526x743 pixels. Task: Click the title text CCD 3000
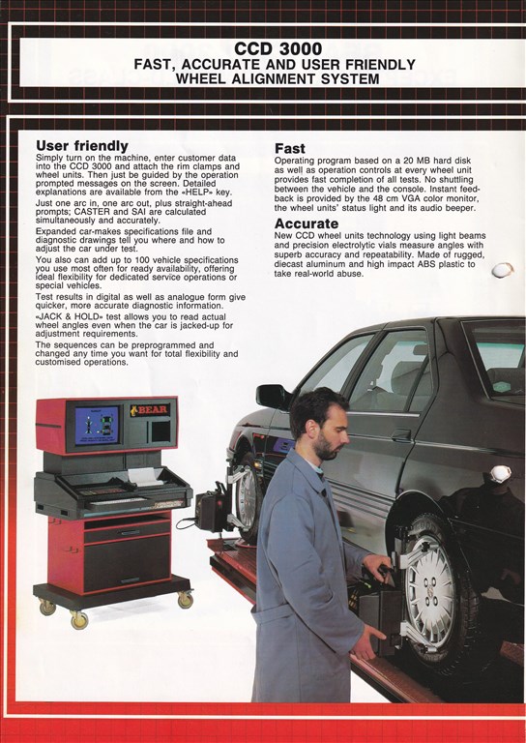pyautogui.click(x=278, y=48)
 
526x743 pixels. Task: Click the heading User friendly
pyautogui.click(x=82, y=145)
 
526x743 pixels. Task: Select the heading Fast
pyautogui.click(x=290, y=148)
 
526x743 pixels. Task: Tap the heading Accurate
pyautogui.click(x=307, y=223)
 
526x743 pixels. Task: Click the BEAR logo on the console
pyautogui.click(x=150, y=410)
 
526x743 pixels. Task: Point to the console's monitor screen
pyautogui.click(x=97, y=425)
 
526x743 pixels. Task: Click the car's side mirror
pyautogui.click(x=274, y=396)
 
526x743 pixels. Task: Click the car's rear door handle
pyautogui.click(x=401, y=434)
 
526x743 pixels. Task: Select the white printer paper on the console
pyautogui.click(x=145, y=477)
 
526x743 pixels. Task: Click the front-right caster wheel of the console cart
pyautogui.click(x=185, y=600)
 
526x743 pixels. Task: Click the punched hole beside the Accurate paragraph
pyautogui.click(x=502, y=270)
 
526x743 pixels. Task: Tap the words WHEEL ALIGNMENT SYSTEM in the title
pyautogui.click(x=278, y=78)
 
